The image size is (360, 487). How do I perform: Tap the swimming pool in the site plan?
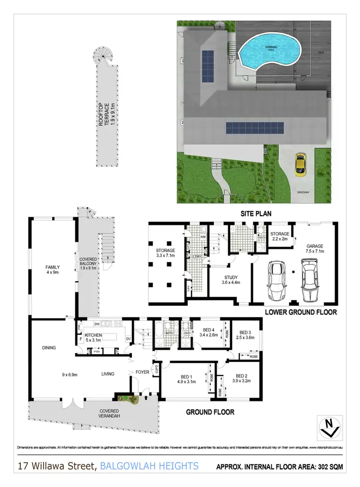coord(271,51)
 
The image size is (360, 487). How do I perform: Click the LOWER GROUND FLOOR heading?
coord(300,312)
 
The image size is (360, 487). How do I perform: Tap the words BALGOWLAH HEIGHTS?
coord(150,465)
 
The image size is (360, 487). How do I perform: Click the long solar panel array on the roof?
coord(254,128)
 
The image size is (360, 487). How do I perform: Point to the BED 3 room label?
coord(245,335)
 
